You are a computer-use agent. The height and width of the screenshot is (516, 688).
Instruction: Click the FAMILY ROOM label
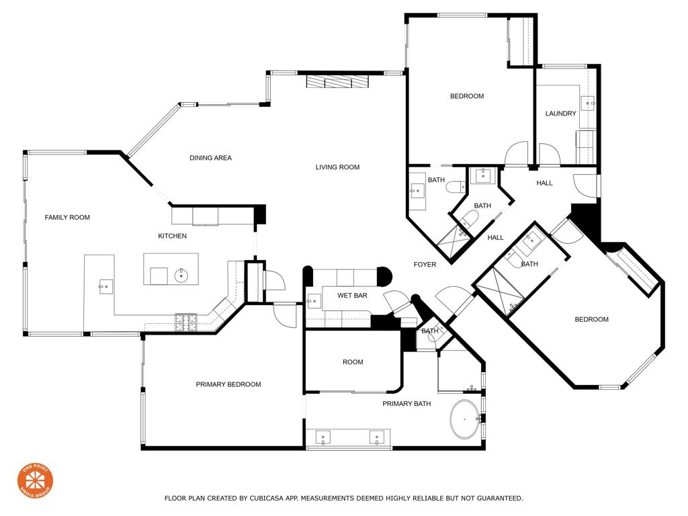(67, 217)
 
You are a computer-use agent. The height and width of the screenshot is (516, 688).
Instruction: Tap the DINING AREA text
(210, 158)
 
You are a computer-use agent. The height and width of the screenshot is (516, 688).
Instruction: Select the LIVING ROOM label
(337, 167)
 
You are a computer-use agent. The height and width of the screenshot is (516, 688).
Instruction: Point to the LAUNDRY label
(560, 114)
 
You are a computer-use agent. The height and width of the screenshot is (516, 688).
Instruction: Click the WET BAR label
(351, 296)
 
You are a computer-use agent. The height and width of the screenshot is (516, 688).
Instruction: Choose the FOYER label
(425, 265)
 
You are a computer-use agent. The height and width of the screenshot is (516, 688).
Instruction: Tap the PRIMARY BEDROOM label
(228, 384)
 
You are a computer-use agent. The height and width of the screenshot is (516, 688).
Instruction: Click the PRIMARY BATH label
(406, 404)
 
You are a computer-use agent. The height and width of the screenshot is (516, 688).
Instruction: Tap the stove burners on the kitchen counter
(186, 322)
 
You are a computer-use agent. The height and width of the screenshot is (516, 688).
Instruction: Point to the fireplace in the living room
(337, 81)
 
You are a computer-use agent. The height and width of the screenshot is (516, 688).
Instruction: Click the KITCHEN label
(172, 236)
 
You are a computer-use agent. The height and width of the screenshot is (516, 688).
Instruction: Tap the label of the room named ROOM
(353, 362)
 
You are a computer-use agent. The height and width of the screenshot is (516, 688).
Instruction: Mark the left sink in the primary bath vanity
(323, 439)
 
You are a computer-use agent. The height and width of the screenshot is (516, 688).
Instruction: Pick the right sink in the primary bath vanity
(376, 439)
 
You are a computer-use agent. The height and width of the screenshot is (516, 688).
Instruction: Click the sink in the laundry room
(589, 103)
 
